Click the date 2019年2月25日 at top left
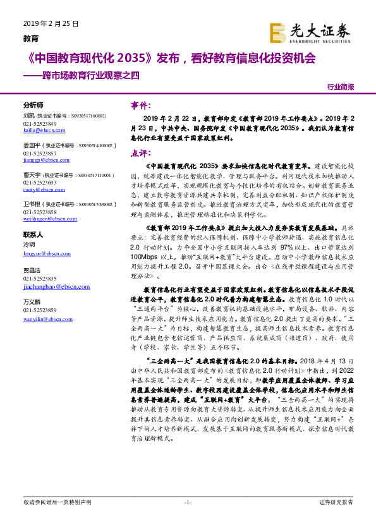51,23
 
